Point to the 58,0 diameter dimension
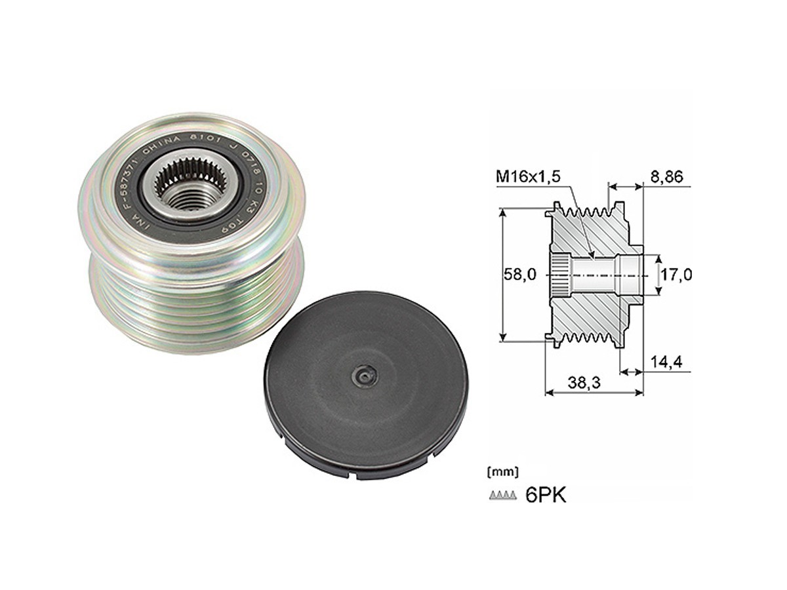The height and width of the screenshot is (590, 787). (x=520, y=275)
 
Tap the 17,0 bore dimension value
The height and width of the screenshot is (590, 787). (x=675, y=275)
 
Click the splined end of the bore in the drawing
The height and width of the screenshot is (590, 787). (x=559, y=275)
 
